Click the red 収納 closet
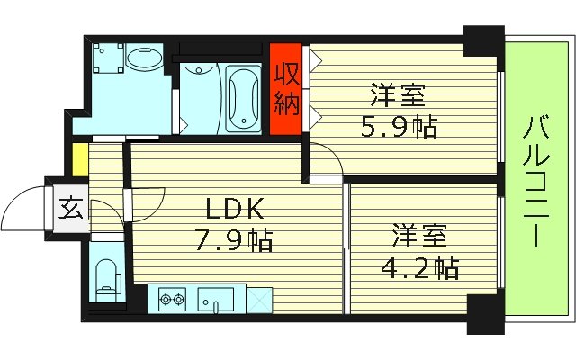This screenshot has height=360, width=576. tap(287, 88)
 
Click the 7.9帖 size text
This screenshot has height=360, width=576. tap(235, 241)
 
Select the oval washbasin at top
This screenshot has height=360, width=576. tap(142, 60)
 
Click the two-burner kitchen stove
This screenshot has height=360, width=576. tap(171, 299)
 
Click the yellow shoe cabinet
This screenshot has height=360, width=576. tap(79, 161)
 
